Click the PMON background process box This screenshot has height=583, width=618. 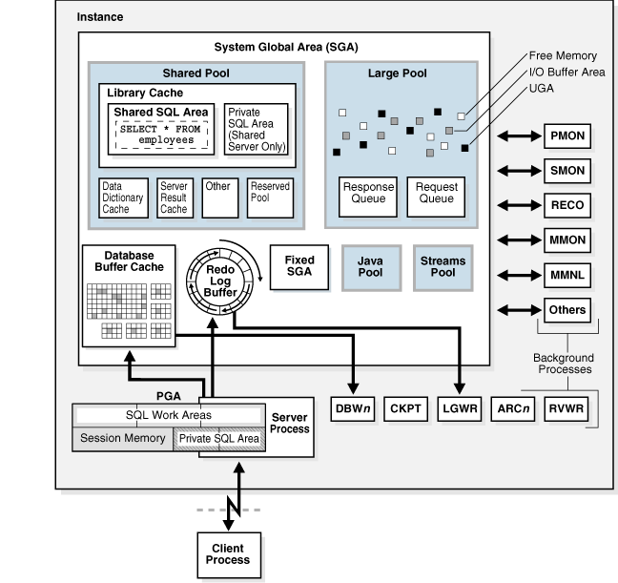pos(566,136)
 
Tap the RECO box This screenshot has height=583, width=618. pos(566,205)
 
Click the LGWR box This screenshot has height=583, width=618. pos(461,408)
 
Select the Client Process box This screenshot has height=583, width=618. pos(227,553)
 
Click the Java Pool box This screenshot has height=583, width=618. pos(369,266)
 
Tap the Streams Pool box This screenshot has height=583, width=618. pos(443,266)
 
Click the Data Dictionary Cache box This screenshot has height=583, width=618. pos(123,197)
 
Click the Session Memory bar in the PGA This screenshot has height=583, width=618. pos(121,438)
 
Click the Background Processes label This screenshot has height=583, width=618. pos(563,362)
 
